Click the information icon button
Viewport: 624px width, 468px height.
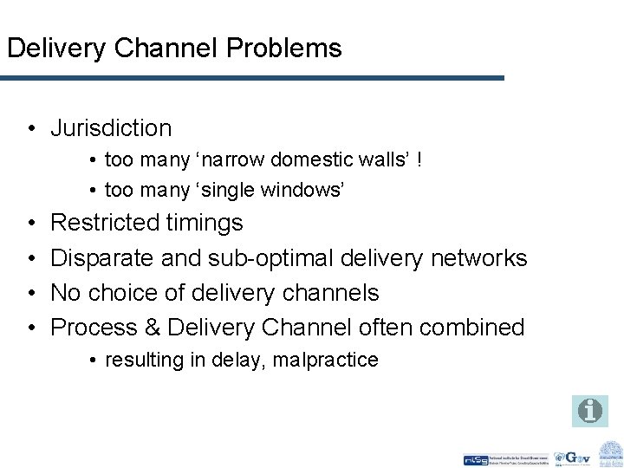pyautogui.click(x=589, y=410)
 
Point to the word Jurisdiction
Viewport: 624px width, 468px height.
pyautogui.click(x=111, y=128)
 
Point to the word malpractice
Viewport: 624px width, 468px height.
pyautogui.click(x=327, y=360)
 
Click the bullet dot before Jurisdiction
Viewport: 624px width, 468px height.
pyautogui.click(x=31, y=129)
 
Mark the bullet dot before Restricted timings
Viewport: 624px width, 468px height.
pyautogui.click(x=31, y=224)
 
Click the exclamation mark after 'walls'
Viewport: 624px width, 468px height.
pyautogui.click(x=420, y=160)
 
